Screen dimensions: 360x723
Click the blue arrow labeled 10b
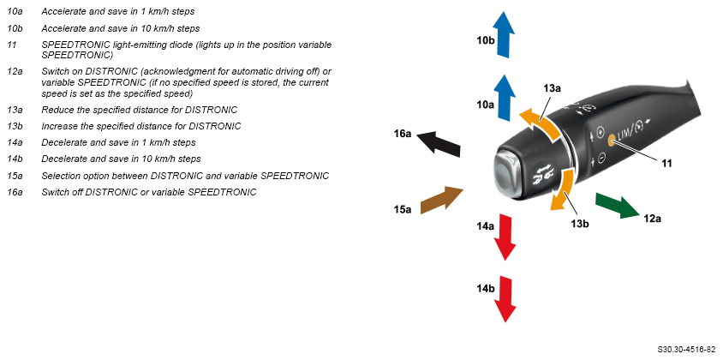point(505,34)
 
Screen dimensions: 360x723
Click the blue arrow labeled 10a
point(505,96)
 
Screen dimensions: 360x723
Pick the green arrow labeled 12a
point(617,205)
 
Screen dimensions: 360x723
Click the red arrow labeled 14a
point(505,237)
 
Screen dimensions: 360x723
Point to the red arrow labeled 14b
point(505,297)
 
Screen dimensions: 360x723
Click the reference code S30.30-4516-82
point(686,350)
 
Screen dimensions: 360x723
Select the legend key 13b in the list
point(15,126)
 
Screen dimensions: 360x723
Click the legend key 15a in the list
point(15,175)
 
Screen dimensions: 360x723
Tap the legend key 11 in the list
point(12,45)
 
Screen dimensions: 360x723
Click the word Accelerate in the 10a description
point(65,12)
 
